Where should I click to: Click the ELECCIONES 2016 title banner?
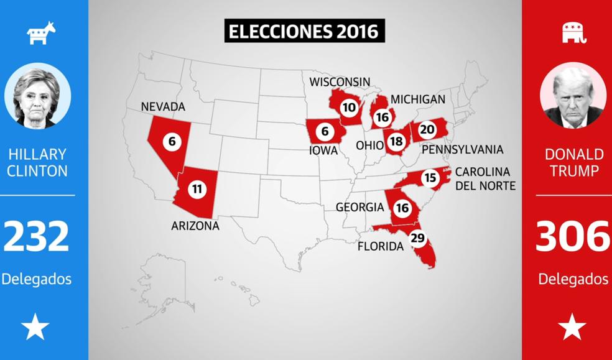pos(304,32)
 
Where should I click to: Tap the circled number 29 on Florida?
pos(417,239)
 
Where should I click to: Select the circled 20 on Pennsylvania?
pos(427,129)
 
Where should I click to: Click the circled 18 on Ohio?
pos(396,141)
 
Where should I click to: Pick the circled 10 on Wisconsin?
pos(349,108)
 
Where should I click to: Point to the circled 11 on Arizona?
pos(197,190)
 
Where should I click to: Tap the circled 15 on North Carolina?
pos(430,178)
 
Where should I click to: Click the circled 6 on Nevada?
pos(172,141)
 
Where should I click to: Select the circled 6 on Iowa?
pos(324,132)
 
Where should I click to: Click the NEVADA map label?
pos(163,107)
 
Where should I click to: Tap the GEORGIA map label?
pos(359,207)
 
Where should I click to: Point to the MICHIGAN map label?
pos(417,99)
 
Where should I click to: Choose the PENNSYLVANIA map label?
pos(462,150)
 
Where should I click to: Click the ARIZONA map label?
pos(195,226)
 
